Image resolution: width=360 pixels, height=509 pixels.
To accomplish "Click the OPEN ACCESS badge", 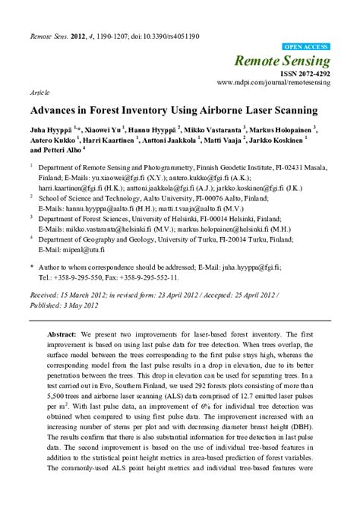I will click(306, 46).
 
